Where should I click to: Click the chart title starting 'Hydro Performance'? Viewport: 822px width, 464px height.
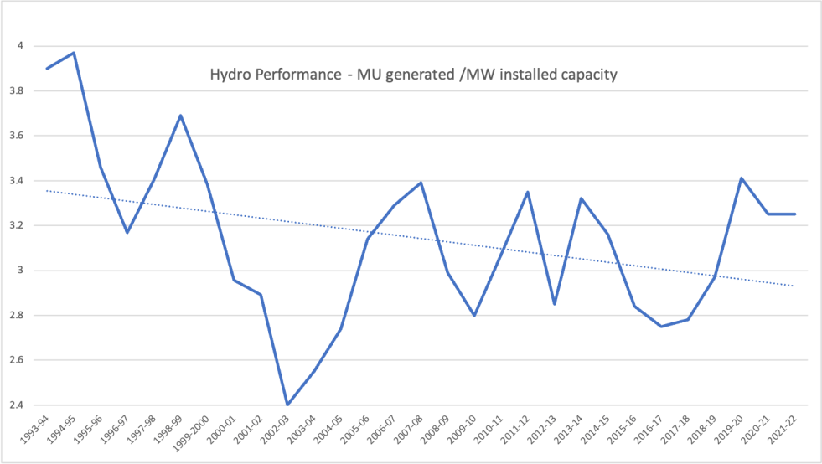point(412,75)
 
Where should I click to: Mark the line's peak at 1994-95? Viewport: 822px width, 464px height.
point(74,53)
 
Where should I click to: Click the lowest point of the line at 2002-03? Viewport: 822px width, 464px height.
point(287,405)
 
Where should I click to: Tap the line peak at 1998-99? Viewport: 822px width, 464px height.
point(180,116)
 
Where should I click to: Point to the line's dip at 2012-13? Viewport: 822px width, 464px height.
point(554,304)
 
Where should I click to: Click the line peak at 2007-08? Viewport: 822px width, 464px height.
point(421,183)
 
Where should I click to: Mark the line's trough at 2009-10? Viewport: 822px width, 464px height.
point(474,315)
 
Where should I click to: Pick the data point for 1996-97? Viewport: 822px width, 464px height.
point(127,232)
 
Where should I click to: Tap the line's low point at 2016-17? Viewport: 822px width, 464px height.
point(661,327)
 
